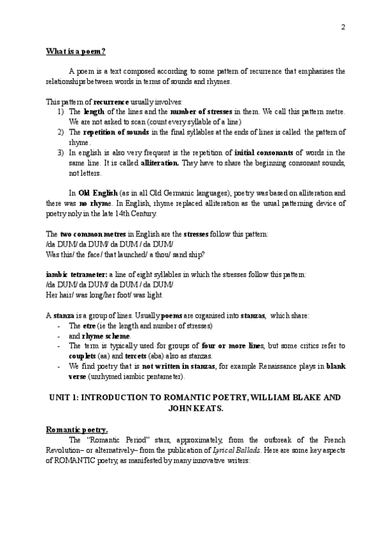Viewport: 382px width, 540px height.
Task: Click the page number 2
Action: tap(343, 27)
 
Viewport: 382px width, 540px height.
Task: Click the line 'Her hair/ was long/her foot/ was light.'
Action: tap(104, 295)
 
